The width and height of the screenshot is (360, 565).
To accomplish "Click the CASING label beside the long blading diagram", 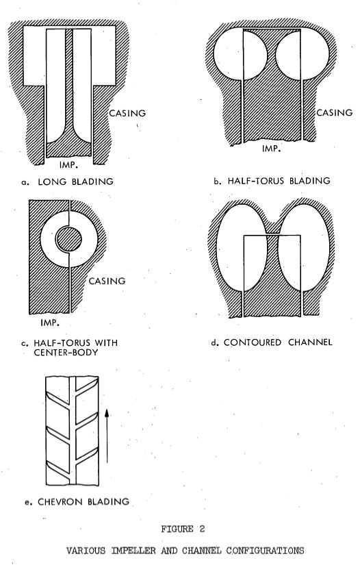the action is click(x=127, y=113).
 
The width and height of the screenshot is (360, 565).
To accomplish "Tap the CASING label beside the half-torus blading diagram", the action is click(x=335, y=112).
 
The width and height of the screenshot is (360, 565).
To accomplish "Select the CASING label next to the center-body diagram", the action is click(x=107, y=281).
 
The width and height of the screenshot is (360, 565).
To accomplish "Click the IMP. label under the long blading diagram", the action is click(x=68, y=165).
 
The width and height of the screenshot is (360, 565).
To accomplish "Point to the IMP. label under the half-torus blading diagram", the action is click(x=271, y=148).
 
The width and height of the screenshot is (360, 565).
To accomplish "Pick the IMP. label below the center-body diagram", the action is click(x=50, y=323).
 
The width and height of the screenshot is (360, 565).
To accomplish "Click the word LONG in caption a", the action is click(x=52, y=181).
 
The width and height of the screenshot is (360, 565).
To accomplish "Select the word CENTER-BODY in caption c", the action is click(x=66, y=352).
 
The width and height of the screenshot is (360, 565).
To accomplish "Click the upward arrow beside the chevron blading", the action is click(x=107, y=436).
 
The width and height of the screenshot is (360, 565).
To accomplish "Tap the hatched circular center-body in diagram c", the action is click(x=68, y=239).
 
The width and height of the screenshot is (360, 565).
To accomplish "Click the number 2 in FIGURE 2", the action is click(x=202, y=529).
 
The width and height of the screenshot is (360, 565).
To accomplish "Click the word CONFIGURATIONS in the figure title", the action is click(x=265, y=551).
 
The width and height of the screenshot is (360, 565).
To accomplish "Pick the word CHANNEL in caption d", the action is click(x=310, y=342).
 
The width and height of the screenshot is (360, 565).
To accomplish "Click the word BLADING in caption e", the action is click(x=107, y=501).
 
